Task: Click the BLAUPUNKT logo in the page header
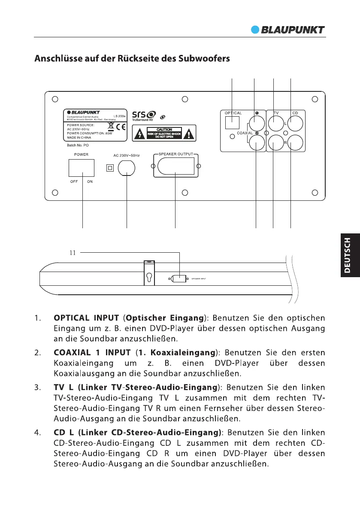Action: (287, 30)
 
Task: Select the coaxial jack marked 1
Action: (256, 124)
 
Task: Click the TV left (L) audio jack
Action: (274, 124)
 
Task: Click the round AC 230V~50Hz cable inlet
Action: (127, 168)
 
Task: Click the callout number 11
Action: (73, 253)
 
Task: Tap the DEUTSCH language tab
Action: (350, 255)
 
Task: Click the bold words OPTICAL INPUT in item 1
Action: (86, 318)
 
